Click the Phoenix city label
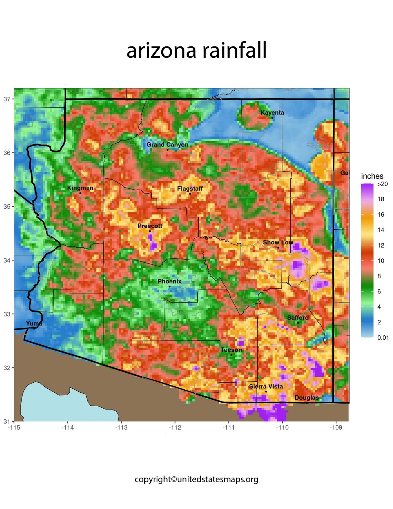169,281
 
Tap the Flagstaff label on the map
190,189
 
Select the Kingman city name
80,188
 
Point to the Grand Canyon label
167,144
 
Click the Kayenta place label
272,113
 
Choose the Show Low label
278,242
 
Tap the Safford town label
298,317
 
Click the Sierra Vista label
266,386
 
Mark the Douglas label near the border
307,398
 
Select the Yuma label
34,323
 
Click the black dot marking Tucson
231,355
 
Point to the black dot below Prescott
150,231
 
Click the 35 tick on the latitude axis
7,206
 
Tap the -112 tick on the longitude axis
175,427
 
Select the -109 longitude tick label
336,427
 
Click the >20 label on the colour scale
382,184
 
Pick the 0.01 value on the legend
383,338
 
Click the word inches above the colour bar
372,176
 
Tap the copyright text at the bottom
196,479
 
